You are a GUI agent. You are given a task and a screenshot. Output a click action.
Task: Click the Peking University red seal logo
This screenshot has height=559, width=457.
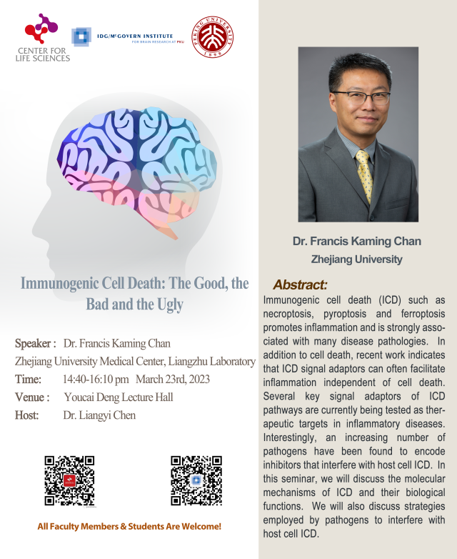click(213, 37)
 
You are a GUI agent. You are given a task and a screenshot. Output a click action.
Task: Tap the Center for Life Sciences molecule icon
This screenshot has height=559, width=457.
click(41, 29)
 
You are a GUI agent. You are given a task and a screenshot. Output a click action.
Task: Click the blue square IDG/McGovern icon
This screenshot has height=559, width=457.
click(81, 36)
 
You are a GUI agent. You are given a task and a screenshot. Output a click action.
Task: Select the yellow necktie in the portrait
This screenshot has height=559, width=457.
click(365, 175)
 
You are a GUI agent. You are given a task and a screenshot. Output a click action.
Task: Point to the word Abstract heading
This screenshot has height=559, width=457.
click(300, 285)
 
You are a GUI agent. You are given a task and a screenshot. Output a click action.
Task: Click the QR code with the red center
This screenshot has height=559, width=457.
click(69, 480)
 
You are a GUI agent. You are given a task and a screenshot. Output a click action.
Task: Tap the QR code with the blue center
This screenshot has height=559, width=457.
click(196, 480)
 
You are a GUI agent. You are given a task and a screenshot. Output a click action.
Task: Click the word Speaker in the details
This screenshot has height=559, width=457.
click(33, 343)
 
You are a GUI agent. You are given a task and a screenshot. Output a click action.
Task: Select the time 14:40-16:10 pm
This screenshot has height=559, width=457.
click(96, 379)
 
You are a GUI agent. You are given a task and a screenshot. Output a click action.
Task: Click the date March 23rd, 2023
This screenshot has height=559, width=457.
click(173, 379)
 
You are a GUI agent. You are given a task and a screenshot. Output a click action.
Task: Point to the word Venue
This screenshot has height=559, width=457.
click(30, 397)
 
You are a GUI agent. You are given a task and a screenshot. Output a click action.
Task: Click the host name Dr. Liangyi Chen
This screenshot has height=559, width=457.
click(99, 415)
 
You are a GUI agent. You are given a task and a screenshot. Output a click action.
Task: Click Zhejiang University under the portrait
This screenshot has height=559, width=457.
click(357, 259)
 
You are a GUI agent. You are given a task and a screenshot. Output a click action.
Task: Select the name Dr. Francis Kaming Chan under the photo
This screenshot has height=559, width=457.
click(357, 242)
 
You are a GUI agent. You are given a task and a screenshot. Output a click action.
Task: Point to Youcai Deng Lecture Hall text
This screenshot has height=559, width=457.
click(119, 397)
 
